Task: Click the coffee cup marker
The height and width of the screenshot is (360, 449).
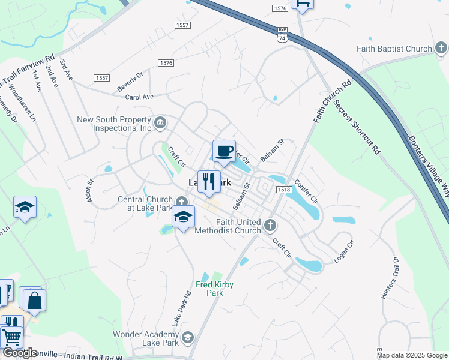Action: click(x=224, y=151)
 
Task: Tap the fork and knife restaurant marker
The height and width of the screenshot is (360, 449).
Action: click(x=209, y=182)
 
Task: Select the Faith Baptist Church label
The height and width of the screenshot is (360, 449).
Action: click(x=394, y=49)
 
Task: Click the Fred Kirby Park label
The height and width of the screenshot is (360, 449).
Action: click(x=214, y=289)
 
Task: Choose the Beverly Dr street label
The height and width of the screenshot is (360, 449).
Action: click(x=131, y=77)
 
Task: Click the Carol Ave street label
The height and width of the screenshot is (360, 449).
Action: click(x=139, y=97)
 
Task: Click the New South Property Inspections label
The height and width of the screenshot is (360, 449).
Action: click(x=114, y=124)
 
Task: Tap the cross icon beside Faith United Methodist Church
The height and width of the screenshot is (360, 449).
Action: click(x=270, y=226)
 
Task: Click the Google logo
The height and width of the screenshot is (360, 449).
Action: click(x=20, y=353)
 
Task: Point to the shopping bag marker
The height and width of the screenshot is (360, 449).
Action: click(x=35, y=300)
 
